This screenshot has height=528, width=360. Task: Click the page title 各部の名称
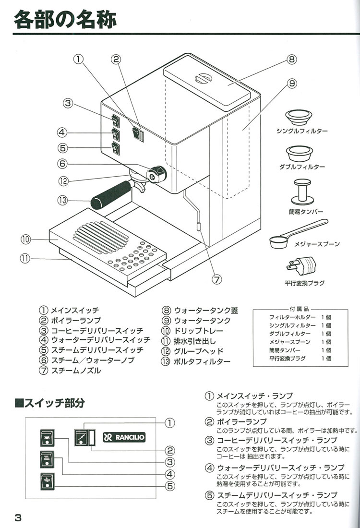[65, 21]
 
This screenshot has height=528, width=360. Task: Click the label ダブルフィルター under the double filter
[302, 167]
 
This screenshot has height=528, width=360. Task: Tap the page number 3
[18, 517]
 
